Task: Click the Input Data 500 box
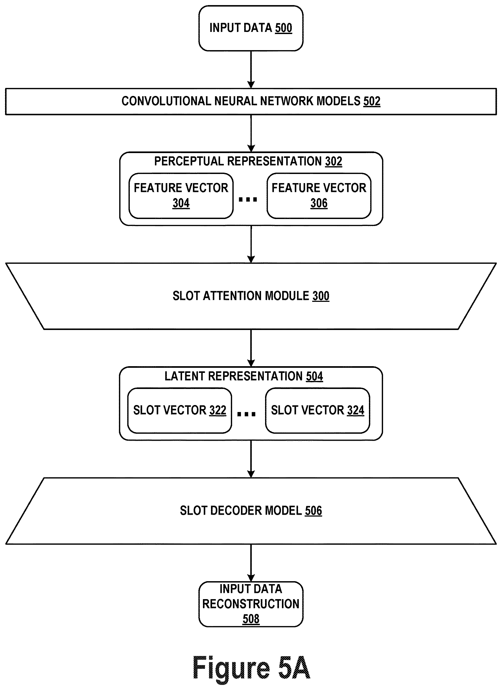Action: pos(251,28)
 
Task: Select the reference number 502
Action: pos(372,101)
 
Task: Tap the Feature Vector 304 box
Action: pos(181,196)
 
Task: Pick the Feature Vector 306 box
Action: pos(319,196)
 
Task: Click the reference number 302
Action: pos(334,161)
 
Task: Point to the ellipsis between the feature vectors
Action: pos(248,200)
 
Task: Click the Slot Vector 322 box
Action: pos(180,410)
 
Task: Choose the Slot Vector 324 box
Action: pos(318,410)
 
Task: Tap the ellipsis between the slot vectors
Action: pos(246,414)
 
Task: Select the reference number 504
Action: pos(315,376)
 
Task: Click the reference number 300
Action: pos(321,296)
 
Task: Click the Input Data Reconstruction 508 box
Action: pos(251,604)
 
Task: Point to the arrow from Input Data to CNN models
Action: pos(251,70)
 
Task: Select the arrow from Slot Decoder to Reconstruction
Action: pos(251,563)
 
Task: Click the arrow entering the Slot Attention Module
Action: pos(251,244)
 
